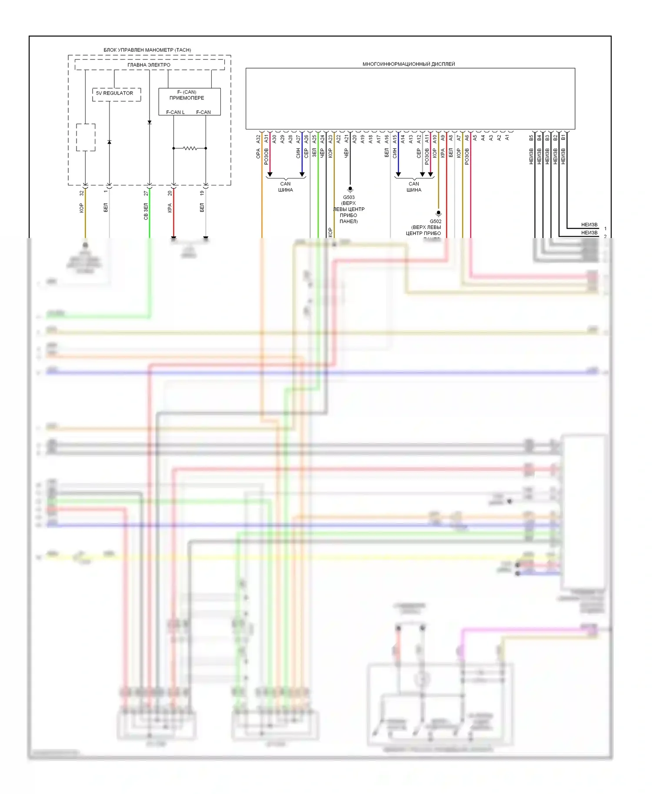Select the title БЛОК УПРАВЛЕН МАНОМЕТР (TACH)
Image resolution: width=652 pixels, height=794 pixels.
147,50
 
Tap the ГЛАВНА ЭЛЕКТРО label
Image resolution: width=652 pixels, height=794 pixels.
149,65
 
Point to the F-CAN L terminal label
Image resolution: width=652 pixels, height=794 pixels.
175,112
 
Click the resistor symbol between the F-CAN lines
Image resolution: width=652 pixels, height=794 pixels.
190,148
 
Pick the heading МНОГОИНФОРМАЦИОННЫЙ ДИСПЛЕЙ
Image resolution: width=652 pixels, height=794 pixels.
409,64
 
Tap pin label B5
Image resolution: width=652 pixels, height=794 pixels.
531,138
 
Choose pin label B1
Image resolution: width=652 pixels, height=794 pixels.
563,138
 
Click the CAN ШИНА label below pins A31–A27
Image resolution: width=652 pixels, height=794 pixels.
286,187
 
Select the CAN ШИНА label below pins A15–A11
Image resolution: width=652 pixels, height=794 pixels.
414,187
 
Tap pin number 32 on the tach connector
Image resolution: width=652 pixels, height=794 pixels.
81,193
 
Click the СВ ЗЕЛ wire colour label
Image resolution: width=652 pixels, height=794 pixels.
146,212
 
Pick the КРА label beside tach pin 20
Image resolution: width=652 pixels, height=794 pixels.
170,208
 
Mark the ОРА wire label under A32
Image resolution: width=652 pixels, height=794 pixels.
258,153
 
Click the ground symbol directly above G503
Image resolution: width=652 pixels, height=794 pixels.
350,189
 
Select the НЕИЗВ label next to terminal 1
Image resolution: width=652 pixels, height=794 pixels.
589,225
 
